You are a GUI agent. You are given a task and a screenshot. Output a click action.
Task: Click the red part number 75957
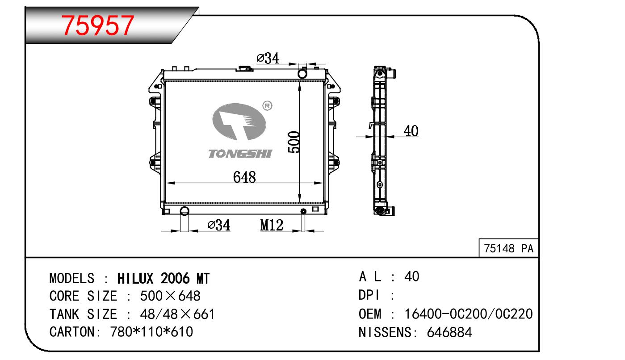tap(97, 25)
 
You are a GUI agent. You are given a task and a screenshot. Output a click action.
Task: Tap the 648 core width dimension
tap(244, 177)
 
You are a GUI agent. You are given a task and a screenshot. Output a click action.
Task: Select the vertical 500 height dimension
tap(294, 142)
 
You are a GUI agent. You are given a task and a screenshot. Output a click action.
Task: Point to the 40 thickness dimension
tap(411, 131)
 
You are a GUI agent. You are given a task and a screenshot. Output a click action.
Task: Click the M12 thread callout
tap(272, 225)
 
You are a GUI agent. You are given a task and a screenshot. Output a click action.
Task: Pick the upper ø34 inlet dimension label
tap(268, 58)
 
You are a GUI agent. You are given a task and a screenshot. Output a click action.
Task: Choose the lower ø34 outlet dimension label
tap(219, 225)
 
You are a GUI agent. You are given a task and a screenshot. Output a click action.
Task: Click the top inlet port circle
tap(302, 74)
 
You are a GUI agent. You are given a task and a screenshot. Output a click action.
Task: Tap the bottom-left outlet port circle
tap(185, 211)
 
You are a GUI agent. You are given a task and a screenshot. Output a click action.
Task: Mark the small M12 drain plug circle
tap(303, 211)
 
